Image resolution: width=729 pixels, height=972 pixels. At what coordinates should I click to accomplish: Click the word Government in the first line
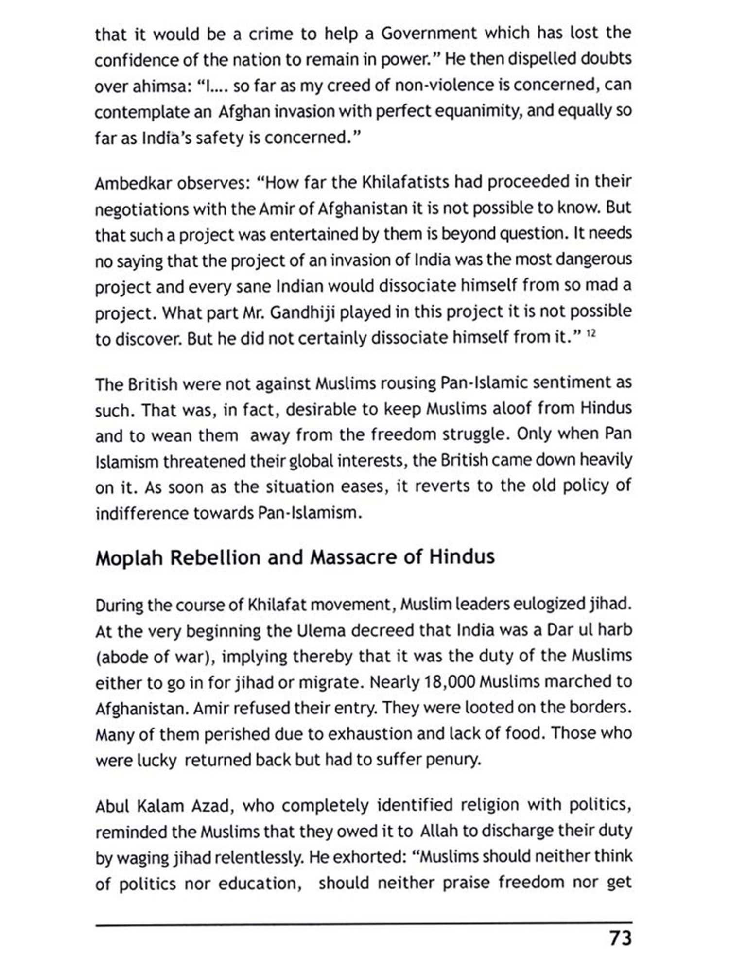429,34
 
